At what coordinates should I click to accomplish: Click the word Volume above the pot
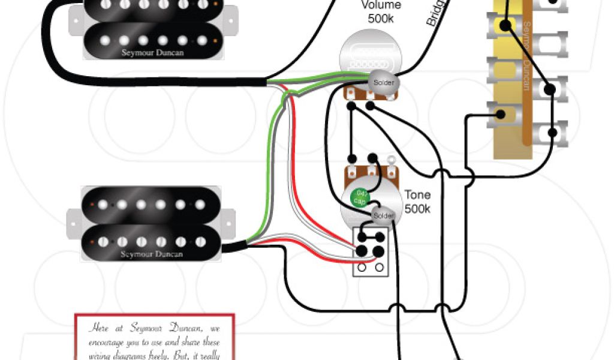tap(381, 5)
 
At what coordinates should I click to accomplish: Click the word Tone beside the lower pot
tap(417, 196)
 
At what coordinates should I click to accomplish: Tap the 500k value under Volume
tap(381, 19)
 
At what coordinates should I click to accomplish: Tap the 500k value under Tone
tap(417, 209)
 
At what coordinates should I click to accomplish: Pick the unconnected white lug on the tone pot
tap(390, 161)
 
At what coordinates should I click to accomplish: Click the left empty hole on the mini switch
tap(363, 267)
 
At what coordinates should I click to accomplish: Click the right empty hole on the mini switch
tap(379, 267)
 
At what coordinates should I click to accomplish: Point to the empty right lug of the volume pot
tap(391, 94)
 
